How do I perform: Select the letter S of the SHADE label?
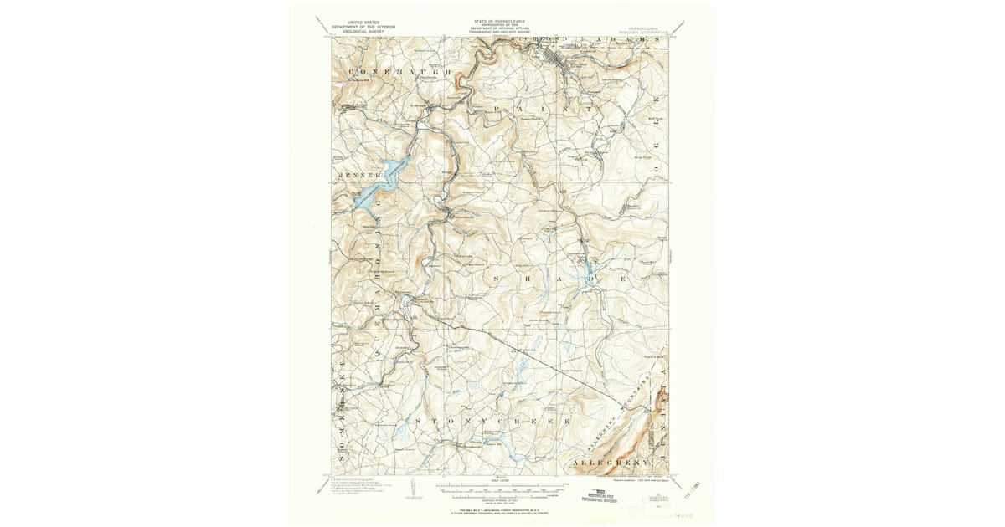pos(498,276)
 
